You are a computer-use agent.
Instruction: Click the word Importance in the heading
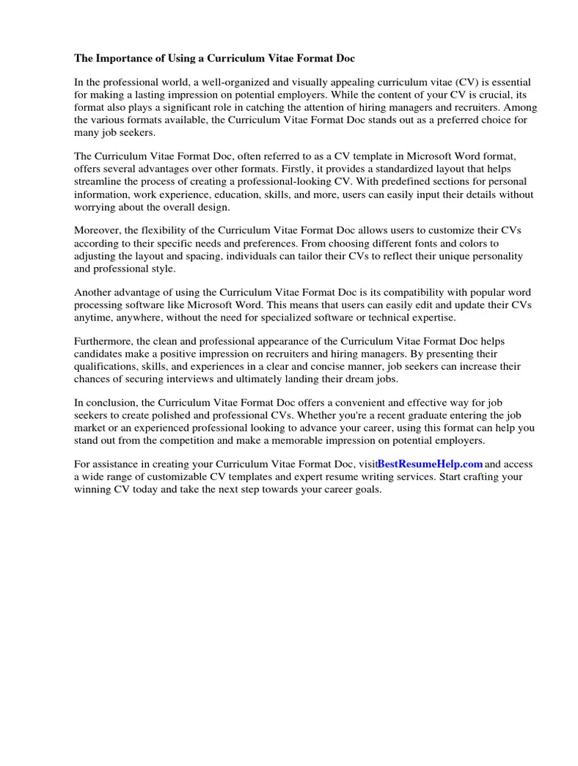click(122, 57)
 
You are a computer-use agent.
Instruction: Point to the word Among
click(523, 107)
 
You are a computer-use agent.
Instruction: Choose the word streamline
click(100, 182)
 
